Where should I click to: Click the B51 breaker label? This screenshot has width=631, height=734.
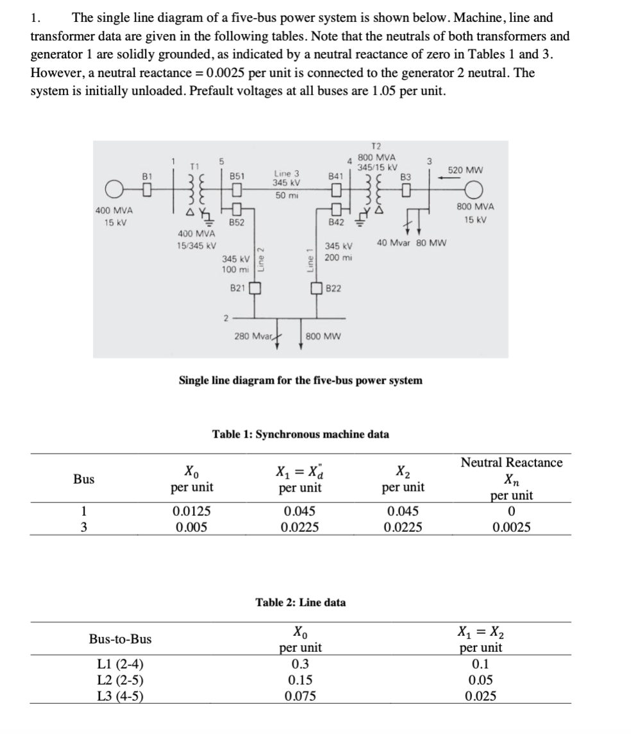click(238, 175)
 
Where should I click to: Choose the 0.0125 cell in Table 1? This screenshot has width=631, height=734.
click(190, 512)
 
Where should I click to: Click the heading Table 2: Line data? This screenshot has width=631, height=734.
click(300, 602)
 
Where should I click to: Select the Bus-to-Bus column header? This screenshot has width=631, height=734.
click(121, 639)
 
